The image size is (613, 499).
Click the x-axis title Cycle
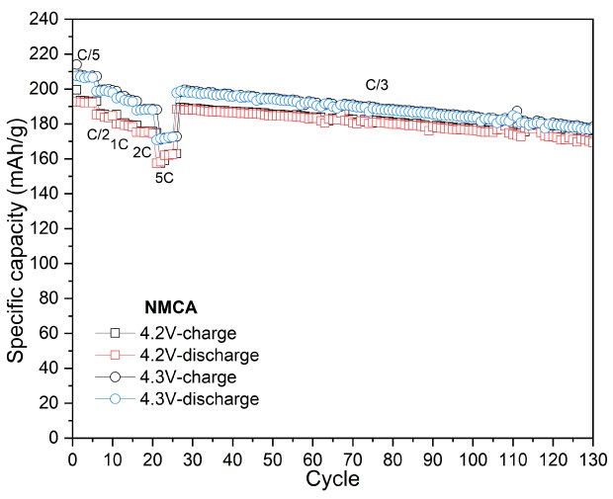(332, 481)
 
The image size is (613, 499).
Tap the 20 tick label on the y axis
(52, 402)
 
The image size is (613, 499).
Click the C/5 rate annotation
(89, 54)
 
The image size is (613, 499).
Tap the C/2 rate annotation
(98, 134)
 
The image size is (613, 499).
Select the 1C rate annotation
(120, 144)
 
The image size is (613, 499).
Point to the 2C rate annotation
(142, 153)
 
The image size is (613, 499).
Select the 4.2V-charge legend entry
(206, 333)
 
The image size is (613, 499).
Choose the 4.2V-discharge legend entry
(215, 355)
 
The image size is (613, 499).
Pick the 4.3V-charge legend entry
(206, 377)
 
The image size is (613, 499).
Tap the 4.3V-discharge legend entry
(215, 399)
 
